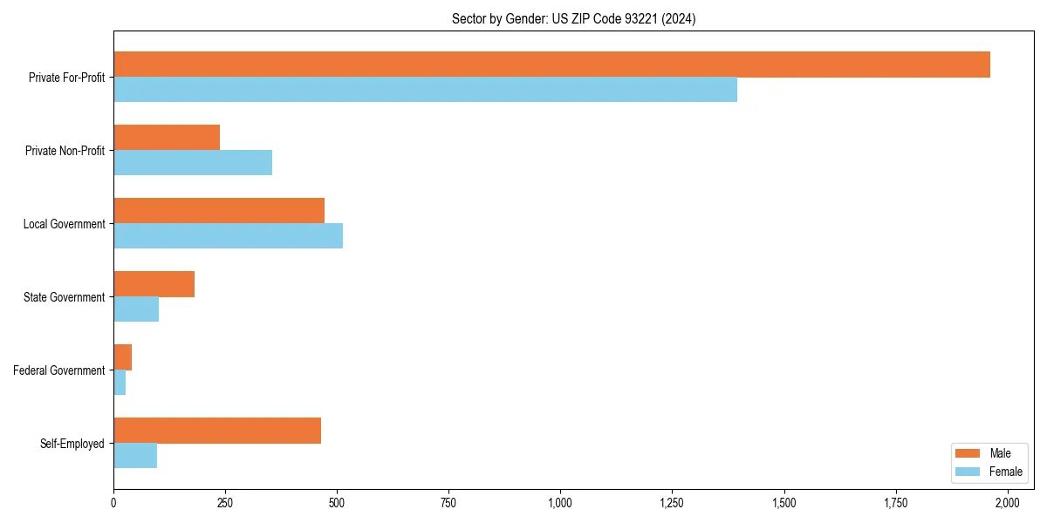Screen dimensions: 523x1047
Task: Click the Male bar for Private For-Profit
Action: [x=551, y=65]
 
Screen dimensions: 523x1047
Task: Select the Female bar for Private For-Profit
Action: [x=425, y=90]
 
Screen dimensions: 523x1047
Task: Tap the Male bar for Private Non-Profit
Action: [x=167, y=138]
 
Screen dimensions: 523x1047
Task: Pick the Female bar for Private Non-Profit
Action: [x=193, y=163]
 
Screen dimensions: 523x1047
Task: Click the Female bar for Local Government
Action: [x=228, y=236]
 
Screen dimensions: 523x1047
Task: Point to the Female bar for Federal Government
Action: [x=120, y=383]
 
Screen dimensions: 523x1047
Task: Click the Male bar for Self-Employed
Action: [x=217, y=431]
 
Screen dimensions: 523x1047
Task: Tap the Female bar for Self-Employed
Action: [x=135, y=456]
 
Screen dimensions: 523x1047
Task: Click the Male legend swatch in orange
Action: [x=968, y=453]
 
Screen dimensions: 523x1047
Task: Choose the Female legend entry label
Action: [x=1005, y=472]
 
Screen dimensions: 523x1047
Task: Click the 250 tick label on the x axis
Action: [x=225, y=503]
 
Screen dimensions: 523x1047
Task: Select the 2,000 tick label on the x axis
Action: [x=1008, y=503]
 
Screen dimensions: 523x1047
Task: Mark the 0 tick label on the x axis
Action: [x=113, y=503]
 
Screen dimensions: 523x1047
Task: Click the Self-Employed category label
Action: [x=72, y=444]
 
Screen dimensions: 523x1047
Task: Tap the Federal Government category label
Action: [x=59, y=370]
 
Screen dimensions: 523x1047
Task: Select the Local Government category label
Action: [x=65, y=224]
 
